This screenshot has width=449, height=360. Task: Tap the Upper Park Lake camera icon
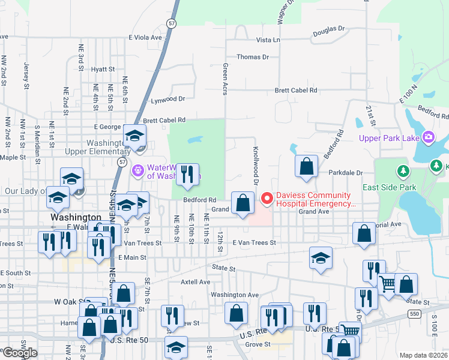tap(428, 137)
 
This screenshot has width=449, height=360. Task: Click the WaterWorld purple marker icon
tap(138, 171)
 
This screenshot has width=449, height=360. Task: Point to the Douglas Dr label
tap(329, 28)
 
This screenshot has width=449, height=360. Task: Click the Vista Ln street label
tap(268, 40)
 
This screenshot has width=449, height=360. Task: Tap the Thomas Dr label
tap(253, 57)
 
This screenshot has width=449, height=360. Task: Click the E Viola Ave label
tap(145, 37)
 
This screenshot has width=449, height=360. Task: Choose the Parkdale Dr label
tap(346, 173)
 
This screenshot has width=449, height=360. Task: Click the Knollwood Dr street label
tap(255, 166)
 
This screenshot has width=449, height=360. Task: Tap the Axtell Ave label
tap(196, 281)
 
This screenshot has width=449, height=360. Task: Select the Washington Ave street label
tap(234, 295)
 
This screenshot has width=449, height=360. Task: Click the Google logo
tap(20, 353)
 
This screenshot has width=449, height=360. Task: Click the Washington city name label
tap(76, 217)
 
